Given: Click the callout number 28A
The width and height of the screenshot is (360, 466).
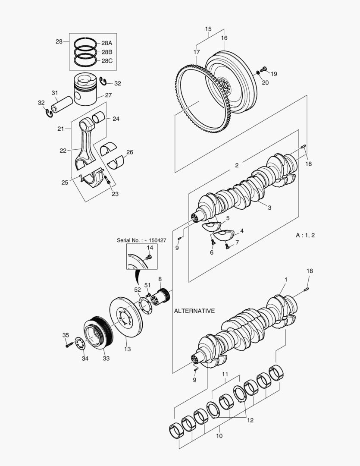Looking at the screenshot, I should [106, 43].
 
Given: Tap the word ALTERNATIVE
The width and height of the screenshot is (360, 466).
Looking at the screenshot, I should [194, 311].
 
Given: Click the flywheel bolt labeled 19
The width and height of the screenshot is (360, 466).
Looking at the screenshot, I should [264, 69].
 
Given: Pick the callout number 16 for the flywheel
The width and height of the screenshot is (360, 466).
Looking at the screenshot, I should [224, 38].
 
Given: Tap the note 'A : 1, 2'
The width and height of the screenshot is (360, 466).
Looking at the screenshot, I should [305, 235].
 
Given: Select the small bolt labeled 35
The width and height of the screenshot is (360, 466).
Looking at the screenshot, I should [69, 345].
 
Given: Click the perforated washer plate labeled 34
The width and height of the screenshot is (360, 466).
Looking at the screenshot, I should [78, 344].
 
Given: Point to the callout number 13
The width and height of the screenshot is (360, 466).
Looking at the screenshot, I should [127, 349].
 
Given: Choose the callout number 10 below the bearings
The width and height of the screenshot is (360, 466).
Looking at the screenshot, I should [219, 436].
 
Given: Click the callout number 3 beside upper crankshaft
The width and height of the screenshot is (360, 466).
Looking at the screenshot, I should [269, 208].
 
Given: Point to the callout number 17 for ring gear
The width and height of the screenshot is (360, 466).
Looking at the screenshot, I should [197, 52].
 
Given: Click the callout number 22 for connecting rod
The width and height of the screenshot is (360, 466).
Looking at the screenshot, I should [63, 151].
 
